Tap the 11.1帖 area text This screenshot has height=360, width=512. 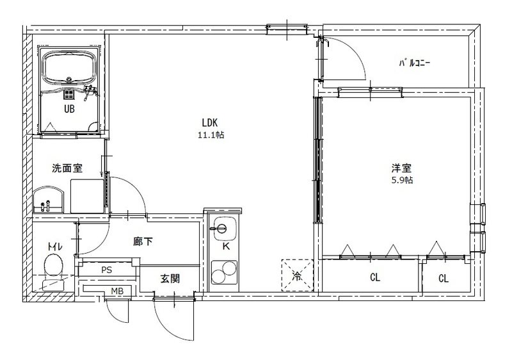tap(211, 135)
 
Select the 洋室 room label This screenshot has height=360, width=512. tap(401, 168)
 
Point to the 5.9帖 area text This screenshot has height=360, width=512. tap(401, 180)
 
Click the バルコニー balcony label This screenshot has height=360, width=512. tap(415, 63)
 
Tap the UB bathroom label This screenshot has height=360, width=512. tap(68, 109)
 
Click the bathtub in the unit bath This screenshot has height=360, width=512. tap(68, 68)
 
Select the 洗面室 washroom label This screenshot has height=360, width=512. tap(67, 168)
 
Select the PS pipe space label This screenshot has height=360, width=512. tap(106, 270)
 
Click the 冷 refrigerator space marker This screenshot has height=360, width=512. tap(296, 274)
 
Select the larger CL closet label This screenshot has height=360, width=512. tap(375, 278)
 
